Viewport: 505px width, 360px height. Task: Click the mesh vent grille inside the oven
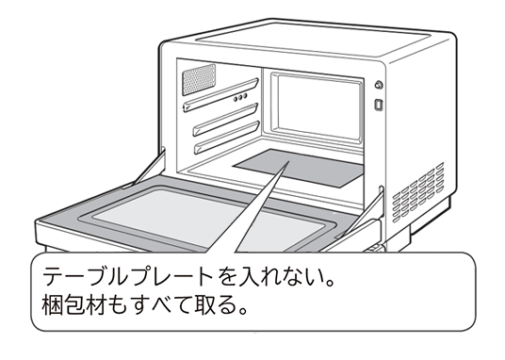pos(199,79)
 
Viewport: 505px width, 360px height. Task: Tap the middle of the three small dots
pos(240,97)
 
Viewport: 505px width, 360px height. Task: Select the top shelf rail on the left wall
pos(220,95)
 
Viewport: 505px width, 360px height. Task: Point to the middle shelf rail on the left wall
pos(226,120)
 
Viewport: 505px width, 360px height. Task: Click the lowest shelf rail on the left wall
pos(227,138)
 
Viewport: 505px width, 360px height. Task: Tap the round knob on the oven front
pos(379,85)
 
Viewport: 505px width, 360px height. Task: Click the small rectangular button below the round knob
pos(379,105)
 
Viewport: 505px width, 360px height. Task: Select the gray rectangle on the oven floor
pos(299,168)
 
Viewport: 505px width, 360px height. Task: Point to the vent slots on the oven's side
pos(418,193)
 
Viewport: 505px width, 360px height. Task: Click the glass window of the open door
pos(206,220)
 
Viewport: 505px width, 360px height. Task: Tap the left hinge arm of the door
pos(148,169)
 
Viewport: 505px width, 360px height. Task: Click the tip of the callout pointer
pos(288,161)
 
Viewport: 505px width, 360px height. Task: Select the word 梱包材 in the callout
pos(73,305)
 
